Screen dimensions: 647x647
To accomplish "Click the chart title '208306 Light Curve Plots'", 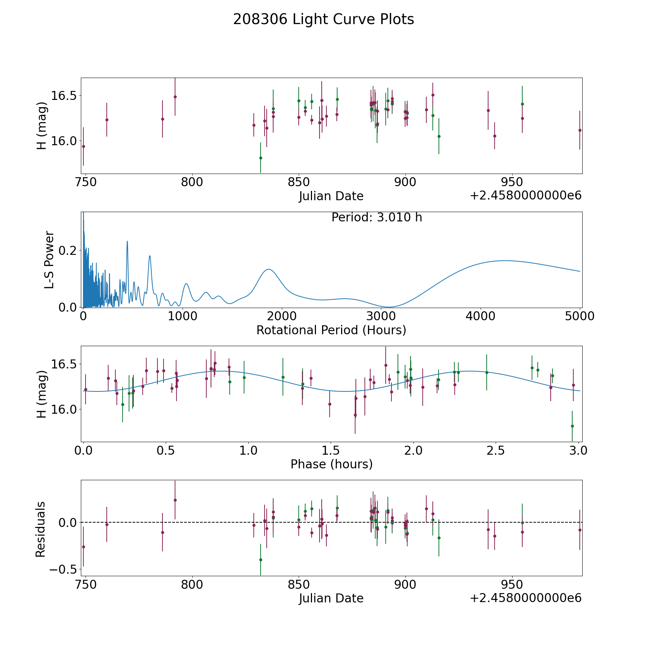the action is [x=323, y=19].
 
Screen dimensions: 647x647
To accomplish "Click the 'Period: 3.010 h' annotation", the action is [x=377, y=217].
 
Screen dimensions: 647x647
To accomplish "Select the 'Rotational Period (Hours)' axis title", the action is [x=331, y=330].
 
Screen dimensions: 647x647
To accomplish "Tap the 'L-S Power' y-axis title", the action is [x=49, y=260].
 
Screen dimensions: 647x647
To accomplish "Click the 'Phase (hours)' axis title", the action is [x=331, y=464].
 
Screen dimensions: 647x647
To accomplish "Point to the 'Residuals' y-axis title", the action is [x=41, y=529].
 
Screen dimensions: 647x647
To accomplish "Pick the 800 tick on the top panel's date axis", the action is [x=192, y=182].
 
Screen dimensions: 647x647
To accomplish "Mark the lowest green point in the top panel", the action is [x=261, y=158].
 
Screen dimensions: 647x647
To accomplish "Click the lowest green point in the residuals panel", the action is [x=261, y=560].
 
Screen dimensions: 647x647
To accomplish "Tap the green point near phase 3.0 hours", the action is [x=572, y=426].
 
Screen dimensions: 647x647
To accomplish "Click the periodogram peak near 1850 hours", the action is [x=268, y=269].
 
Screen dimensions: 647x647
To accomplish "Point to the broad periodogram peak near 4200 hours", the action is [x=505, y=261].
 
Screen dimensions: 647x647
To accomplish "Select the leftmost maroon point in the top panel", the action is [x=83, y=146].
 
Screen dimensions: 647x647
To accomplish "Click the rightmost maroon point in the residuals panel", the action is [x=580, y=530].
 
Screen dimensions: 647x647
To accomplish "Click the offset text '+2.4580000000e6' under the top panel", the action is [x=526, y=196].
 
